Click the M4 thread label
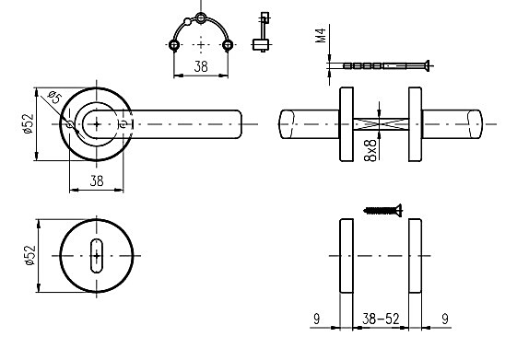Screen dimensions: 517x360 321,36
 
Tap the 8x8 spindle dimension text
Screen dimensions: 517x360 370,150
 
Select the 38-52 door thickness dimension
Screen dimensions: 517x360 381,319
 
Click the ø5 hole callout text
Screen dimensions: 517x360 54,98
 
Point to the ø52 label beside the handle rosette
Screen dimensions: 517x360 29,123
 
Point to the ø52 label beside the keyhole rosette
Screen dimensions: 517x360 29,255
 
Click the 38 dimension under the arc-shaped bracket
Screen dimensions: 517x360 201,67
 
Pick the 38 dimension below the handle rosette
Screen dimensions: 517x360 97,180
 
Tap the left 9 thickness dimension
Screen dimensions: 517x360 316,319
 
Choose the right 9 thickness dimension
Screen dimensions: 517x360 445,319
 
